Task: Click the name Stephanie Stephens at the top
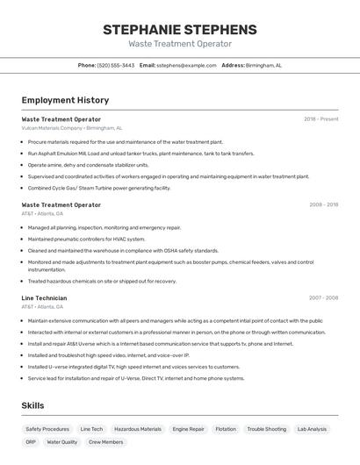click(x=180, y=29)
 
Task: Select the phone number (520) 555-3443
click(x=116, y=65)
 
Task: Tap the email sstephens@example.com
click(x=186, y=65)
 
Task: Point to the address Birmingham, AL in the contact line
click(x=263, y=65)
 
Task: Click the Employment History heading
click(x=65, y=101)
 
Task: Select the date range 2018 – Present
click(x=320, y=119)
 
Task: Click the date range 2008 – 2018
click(x=323, y=204)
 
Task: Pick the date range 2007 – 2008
click(x=323, y=298)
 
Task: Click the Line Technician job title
click(x=44, y=298)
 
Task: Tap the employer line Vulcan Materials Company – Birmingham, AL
click(x=72, y=128)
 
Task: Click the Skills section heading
click(x=33, y=405)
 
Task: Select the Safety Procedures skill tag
click(x=47, y=429)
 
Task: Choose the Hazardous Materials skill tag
click(x=138, y=429)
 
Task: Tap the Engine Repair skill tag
click(x=189, y=429)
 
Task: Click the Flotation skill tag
click(x=226, y=429)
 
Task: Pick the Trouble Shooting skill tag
click(x=266, y=429)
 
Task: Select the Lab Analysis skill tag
click(x=312, y=429)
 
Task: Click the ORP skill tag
click(x=31, y=442)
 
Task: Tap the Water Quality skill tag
click(x=62, y=442)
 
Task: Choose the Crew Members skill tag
click(x=106, y=442)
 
